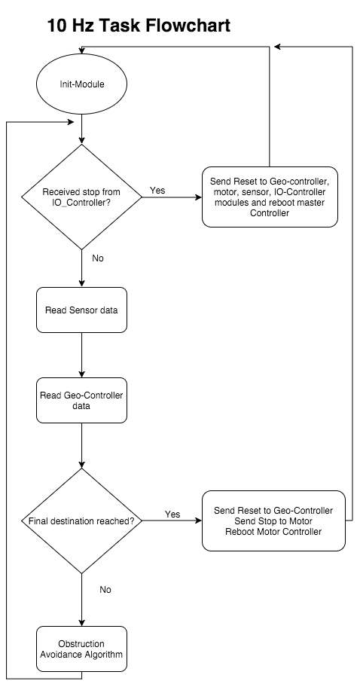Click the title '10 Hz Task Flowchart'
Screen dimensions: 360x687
click(x=139, y=26)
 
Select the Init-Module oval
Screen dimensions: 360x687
click(x=82, y=84)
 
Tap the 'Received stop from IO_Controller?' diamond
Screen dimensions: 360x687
click(x=82, y=197)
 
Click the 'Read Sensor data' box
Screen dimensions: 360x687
click(x=81, y=310)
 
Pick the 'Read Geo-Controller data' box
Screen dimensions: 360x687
click(x=81, y=401)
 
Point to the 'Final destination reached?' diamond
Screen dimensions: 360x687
click(x=82, y=521)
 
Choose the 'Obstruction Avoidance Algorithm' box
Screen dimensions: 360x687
click(x=81, y=649)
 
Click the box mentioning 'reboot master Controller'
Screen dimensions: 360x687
click(x=270, y=197)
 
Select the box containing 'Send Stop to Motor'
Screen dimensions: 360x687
click(x=273, y=521)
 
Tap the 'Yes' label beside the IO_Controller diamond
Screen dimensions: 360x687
click(x=157, y=190)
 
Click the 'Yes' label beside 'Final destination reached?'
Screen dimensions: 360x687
click(x=172, y=514)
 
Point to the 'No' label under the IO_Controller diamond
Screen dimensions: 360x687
click(x=98, y=258)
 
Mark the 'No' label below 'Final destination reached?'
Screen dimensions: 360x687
click(x=105, y=590)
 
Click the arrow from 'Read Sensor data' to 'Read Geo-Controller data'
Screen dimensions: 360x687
click(x=82, y=356)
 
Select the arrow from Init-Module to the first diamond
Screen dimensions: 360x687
click(x=82, y=130)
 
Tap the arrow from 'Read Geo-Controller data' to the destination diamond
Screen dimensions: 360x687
click(x=82, y=446)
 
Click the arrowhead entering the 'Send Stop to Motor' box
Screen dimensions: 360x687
click(x=198, y=521)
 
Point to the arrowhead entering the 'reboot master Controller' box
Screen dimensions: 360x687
click(x=198, y=197)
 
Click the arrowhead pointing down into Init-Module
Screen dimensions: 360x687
click(x=82, y=50)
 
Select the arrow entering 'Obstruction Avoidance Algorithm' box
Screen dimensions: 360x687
click(x=82, y=600)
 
